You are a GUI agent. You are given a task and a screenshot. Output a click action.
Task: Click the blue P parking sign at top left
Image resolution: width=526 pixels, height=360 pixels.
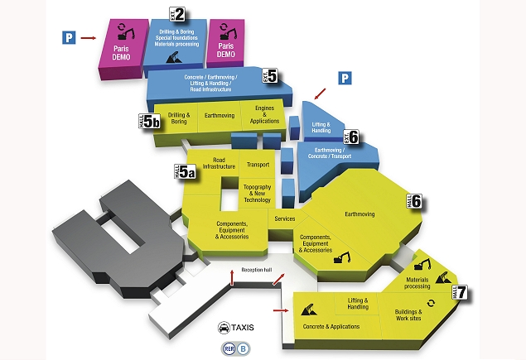click(70, 37)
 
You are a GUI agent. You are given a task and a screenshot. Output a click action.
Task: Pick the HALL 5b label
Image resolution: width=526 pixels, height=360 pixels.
click(149, 122)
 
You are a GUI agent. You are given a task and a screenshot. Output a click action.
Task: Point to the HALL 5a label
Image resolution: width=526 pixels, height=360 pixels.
click(187, 172)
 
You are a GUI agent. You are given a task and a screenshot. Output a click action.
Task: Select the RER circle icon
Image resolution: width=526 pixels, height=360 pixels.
click(227, 348)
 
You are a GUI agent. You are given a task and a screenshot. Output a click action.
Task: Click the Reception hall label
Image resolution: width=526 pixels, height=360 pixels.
click(257, 271)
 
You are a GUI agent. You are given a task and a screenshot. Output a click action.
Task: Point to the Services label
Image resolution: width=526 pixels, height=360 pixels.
click(285, 218)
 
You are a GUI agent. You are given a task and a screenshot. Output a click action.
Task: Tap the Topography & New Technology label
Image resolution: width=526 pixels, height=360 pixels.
click(257, 194)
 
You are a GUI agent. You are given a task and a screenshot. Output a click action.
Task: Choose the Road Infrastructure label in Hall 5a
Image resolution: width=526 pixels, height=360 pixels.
click(220, 163)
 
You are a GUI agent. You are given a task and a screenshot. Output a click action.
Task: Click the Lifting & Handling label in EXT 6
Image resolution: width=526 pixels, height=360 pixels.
click(321, 127)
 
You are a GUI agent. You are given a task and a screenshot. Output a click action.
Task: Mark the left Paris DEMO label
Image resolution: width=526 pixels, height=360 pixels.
click(123, 50)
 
